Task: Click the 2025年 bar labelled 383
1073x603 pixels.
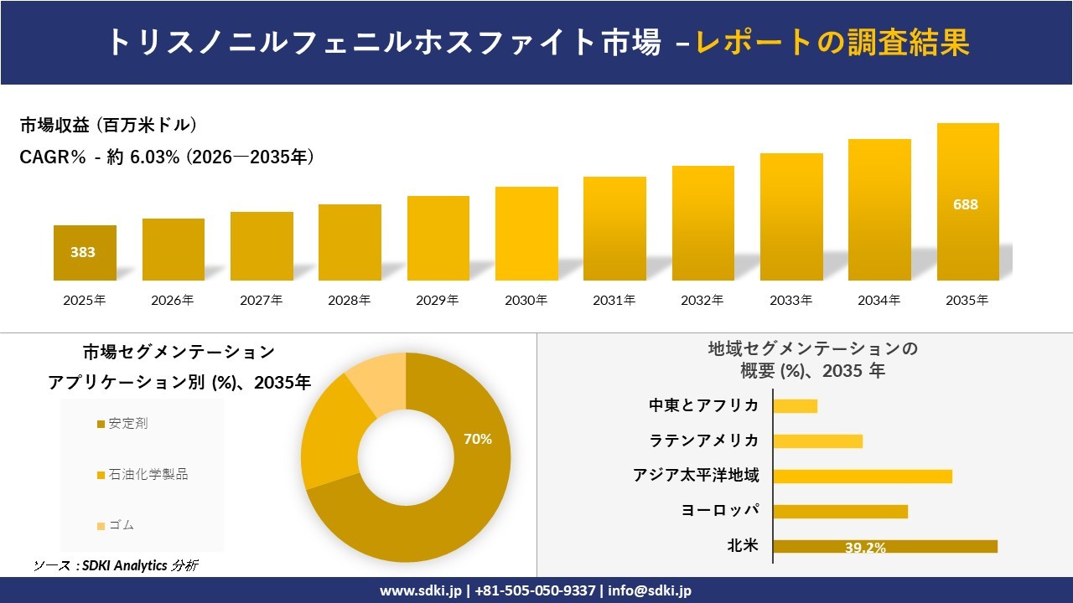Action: (x=85, y=252)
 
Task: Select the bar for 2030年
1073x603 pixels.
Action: (x=526, y=234)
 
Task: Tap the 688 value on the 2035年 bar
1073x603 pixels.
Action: (x=966, y=204)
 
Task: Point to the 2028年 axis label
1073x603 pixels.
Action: (x=349, y=300)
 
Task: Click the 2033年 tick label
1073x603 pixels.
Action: (x=790, y=300)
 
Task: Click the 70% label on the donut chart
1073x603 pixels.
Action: (x=478, y=439)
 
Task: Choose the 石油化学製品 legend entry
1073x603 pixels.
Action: (x=143, y=475)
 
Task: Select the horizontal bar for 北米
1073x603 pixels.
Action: (x=884, y=546)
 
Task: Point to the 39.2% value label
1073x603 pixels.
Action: (x=865, y=548)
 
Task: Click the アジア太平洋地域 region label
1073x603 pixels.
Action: (x=696, y=476)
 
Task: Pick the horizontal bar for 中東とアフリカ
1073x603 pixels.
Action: (x=795, y=405)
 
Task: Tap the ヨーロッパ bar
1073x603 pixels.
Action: (x=840, y=511)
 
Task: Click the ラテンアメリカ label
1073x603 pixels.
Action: (x=704, y=441)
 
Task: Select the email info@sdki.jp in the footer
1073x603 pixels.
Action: (x=650, y=590)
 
